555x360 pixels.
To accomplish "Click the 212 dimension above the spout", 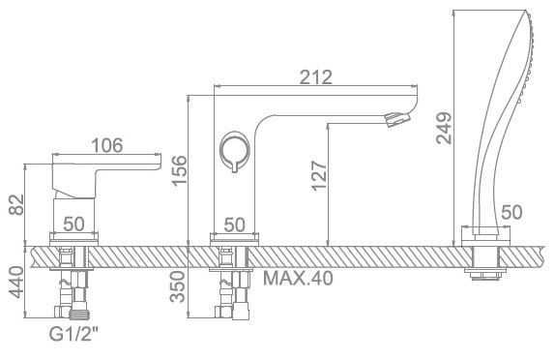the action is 316,76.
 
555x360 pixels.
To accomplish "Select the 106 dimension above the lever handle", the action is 107,145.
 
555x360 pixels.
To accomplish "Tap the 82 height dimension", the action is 16,205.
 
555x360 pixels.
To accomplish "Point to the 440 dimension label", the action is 16,283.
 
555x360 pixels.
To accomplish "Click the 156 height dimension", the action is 179,170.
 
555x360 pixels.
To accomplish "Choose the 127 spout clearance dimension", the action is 319,176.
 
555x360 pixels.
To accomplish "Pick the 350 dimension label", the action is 177,286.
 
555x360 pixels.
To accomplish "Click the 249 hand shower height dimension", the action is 444,128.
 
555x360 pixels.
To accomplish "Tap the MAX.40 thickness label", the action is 298,278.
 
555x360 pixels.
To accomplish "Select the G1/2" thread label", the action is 73,334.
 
